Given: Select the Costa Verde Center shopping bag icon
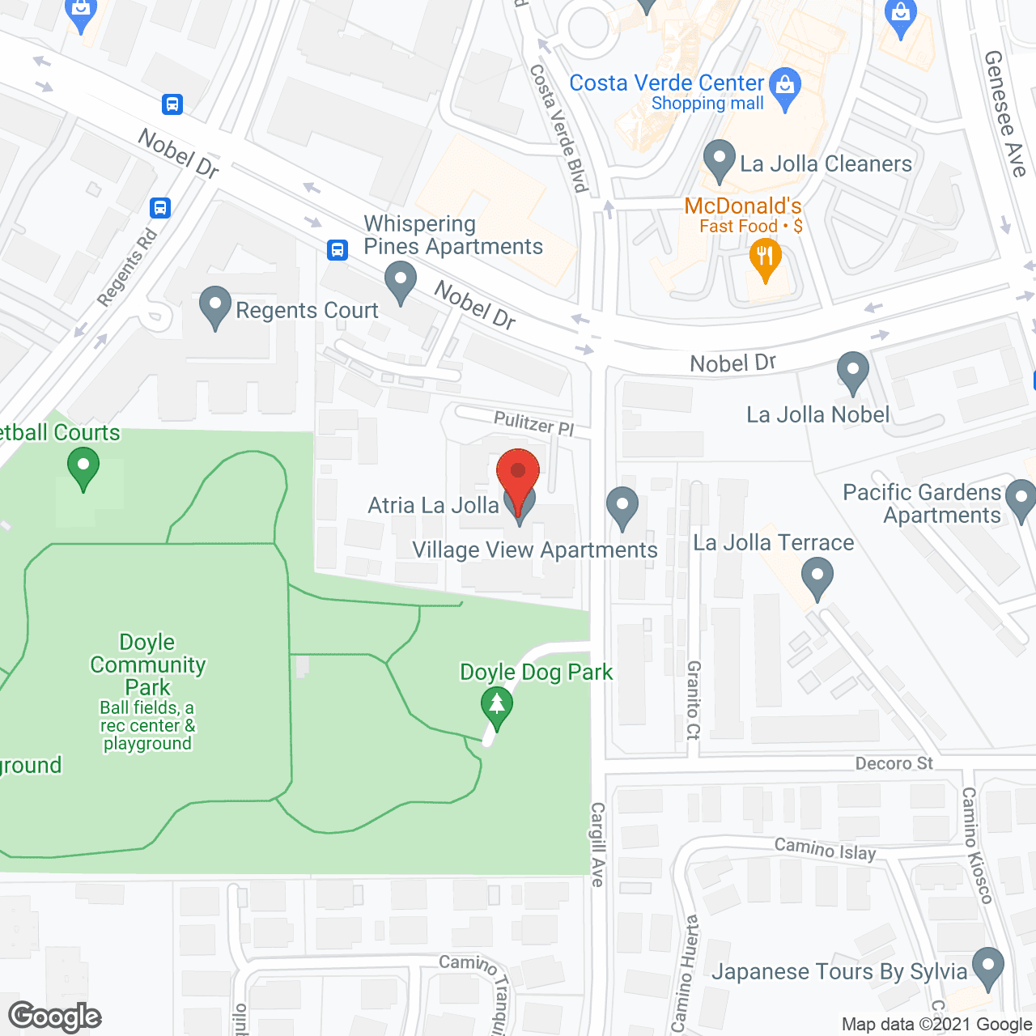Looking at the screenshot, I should pos(784,86).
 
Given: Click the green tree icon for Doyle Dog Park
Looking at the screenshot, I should pos(497,706).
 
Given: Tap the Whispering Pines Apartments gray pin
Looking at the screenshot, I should pos(400,282).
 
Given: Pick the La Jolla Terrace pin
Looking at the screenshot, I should pos(817,580).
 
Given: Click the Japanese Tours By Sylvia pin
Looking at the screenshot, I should pos(987,967).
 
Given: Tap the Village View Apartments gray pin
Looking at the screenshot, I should pos(622,507).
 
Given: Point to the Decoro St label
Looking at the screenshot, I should pos(894,763).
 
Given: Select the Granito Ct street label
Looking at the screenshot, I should pos(693,700).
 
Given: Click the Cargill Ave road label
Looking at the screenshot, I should pos(597,844).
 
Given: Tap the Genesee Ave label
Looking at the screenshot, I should pos(1005,113).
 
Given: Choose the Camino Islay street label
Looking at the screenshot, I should pos(825,849).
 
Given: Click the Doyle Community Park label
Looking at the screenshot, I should pos(147,664).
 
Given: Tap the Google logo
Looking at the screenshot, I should pos(55,1017).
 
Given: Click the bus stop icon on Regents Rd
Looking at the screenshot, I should pos(160,208).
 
